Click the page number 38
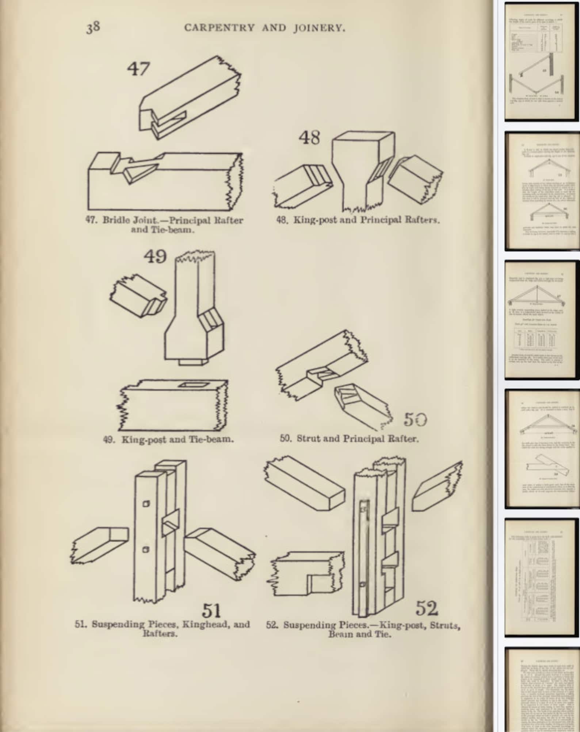coord(93,27)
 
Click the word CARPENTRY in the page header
coord(219,28)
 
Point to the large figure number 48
coord(309,138)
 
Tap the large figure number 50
coord(415,419)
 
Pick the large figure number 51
coord(211,611)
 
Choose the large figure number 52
coord(427,608)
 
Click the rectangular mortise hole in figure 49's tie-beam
coord(189,385)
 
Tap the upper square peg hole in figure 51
coord(146,504)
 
